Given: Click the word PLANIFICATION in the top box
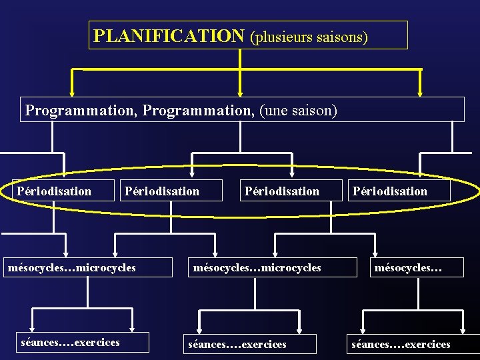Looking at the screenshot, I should coord(169,35).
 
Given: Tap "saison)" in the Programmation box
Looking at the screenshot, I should coord(314,109).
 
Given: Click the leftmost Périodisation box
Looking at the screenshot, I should coord(55,191).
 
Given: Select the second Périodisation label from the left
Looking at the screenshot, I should coord(162,191).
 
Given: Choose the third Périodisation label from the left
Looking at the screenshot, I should coord(282,191).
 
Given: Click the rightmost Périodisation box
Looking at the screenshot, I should coord(390,191).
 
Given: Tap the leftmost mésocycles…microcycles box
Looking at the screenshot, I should coord(71,268).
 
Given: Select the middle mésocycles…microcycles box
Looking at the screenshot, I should coord(257,268).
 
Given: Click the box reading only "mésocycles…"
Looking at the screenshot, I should coord(409,268).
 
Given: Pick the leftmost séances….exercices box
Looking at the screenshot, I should coord(71,343).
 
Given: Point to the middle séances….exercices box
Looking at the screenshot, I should coord(237,344).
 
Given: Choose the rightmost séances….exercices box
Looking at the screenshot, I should coord(401,344).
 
